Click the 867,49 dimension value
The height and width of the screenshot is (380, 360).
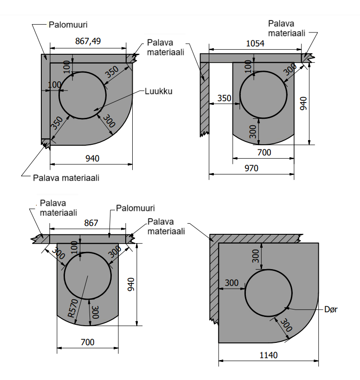(88, 41)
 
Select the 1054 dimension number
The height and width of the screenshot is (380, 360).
(255, 43)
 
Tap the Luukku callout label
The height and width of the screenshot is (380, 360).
(159, 91)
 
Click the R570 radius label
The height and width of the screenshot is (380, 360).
(72, 307)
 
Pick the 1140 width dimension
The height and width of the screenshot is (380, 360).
(268, 355)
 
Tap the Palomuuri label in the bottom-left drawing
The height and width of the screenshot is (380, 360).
(135, 208)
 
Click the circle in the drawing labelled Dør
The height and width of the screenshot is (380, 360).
(268, 294)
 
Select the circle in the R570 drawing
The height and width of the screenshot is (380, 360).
(88, 276)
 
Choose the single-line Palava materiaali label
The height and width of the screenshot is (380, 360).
(66, 177)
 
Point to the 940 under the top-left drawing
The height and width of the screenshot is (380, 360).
(92, 158)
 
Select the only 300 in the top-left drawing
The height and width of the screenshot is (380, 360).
(109, 122)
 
